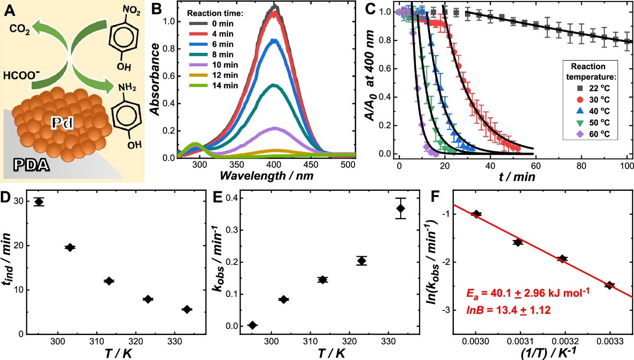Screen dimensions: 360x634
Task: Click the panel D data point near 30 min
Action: [39, 202]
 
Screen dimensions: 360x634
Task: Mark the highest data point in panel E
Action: [401, 208]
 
